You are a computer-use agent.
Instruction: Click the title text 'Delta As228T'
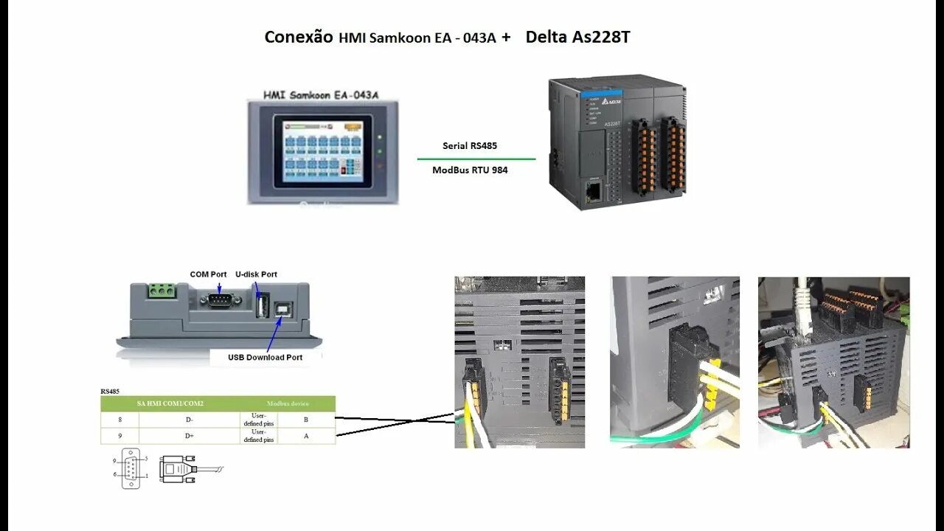click(x=577, y=37)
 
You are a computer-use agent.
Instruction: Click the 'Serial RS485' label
click(x=469, y=146)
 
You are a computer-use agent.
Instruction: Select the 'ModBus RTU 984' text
click(x=470, y=170)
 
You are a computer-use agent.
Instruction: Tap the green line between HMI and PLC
click(x=476, y=159)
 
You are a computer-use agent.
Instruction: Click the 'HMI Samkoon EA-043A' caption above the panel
click(x=321, y=95)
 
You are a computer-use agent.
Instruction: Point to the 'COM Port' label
click(x=208, y=274)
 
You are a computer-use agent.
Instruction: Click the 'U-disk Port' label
click(x=256, y=274)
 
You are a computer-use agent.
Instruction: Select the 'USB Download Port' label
click(x=265, y=358)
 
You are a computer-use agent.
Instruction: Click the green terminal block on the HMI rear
click(x=162, y=291)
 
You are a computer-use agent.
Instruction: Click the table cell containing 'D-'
click(x=190, y=420)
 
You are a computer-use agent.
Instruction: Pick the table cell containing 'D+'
click(x=190, y=436)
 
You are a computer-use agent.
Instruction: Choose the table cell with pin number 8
click(x=119, y=420)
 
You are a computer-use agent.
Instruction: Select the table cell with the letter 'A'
click(x=306, y=436)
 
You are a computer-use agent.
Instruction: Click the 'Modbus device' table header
click(x=288, y=403)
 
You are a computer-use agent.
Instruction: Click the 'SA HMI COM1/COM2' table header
click(x=170, y=403)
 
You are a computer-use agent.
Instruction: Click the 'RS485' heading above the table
click(x=110, y=392)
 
